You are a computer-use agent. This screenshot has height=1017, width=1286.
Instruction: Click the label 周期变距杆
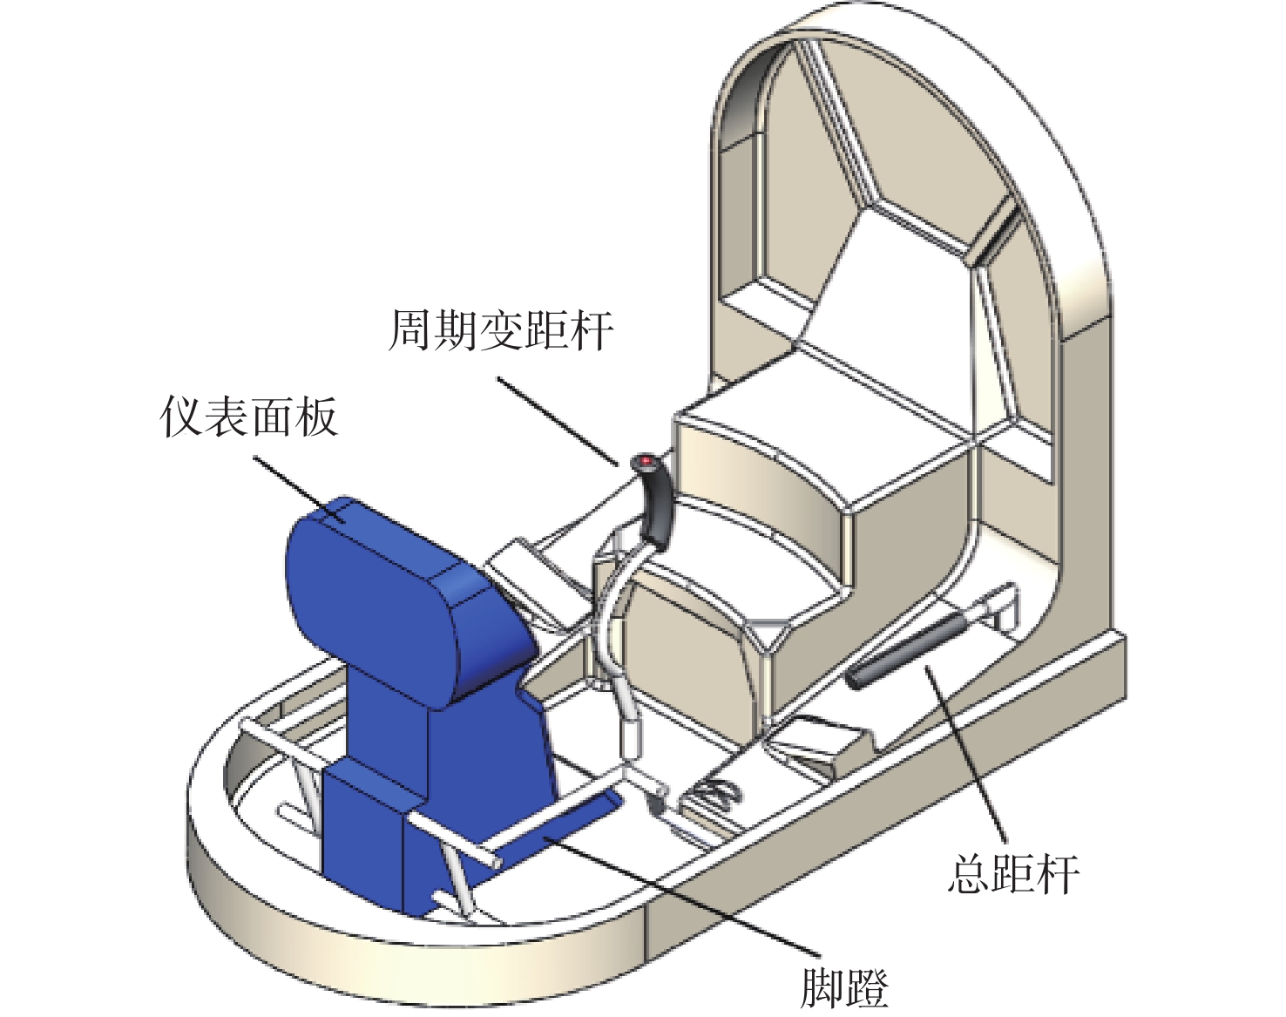coord(500,329)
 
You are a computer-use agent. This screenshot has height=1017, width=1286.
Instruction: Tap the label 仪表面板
coord(249,417)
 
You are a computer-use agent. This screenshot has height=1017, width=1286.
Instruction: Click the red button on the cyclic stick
coord(646,459)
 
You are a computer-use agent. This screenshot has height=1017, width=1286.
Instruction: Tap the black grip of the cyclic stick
coord(655,506)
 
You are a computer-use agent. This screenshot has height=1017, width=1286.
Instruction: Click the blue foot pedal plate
coord(558,824)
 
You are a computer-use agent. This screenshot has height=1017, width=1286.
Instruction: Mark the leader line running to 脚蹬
coord(680,889)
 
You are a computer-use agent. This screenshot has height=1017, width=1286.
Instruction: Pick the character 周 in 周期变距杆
coord(409,329)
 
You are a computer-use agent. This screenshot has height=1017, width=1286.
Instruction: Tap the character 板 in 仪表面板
coord(316,417)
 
